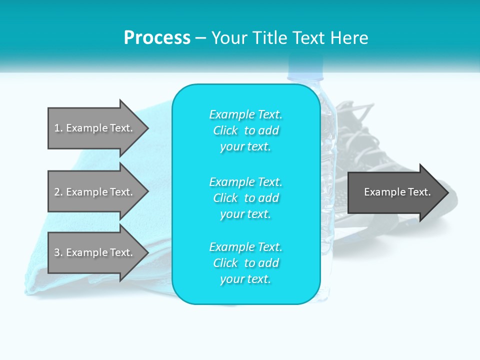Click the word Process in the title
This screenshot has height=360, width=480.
point(157,38)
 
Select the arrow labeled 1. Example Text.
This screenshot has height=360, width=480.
point(95,128)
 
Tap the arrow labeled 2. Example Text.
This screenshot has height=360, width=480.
point(95,192)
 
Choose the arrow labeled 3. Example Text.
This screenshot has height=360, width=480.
point(95,252)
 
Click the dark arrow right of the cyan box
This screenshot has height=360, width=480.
point(395,192)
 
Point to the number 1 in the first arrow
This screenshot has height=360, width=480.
point(57,128)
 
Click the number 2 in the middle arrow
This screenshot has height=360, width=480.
point(57,192)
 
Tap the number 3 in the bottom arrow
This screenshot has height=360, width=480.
point(57,252)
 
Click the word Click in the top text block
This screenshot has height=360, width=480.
point(225,130)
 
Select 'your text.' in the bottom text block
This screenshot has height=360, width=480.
point(245,279)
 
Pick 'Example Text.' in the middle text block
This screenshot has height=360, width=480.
point(245,181)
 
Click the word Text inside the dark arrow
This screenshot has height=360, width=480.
point(417,192)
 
